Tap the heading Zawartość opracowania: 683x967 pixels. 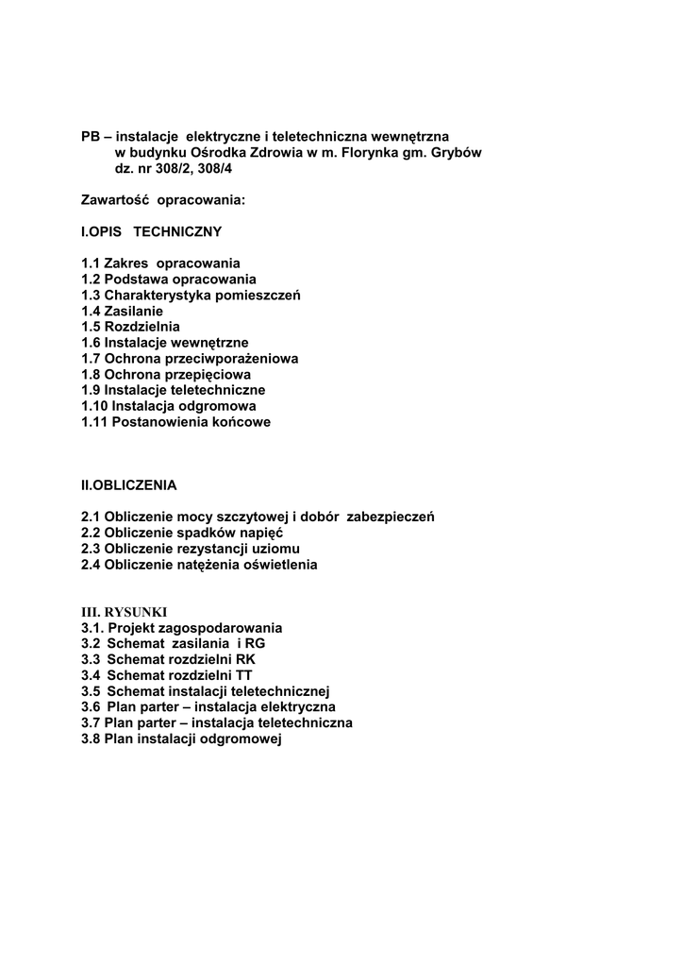tap(163, 199)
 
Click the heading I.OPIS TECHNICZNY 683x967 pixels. tap(151, 231)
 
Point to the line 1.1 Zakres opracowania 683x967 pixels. tap(160, 263)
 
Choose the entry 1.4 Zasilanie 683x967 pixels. tap(122, 311)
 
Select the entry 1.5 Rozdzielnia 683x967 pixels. tap(130, 327)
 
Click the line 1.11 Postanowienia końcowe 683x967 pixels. tap(175, 422)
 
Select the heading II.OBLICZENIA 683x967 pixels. tap(129, 485)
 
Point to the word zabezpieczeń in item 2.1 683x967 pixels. tap(391, 517)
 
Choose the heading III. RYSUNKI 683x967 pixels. tap(124, 612)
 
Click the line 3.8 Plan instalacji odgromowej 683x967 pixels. tap(182, 738)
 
